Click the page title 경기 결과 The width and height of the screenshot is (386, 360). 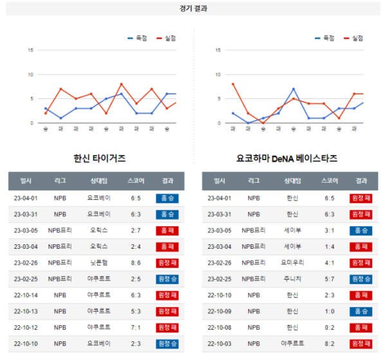193,8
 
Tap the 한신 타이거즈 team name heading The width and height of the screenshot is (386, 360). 100,158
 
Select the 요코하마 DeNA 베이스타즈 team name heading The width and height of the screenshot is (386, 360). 287,158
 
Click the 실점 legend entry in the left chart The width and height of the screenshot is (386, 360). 166,38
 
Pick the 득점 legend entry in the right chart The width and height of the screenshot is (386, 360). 324,38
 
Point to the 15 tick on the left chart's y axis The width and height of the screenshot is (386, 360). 30,50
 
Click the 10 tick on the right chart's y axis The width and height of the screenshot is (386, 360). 218,75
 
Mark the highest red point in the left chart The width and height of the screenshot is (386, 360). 122,84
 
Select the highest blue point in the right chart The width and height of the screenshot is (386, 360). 293,89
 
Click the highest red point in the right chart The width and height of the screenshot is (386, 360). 233,84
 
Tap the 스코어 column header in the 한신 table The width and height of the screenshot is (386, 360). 136,181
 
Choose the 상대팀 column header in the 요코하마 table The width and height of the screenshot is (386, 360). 293,181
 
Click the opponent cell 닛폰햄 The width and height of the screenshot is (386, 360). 98,263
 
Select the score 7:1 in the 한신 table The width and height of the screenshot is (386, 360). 136,327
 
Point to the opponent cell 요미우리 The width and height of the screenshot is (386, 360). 293,263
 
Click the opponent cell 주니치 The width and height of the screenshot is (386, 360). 293,279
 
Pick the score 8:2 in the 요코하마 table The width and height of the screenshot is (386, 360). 329,344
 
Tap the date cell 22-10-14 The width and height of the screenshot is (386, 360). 26,295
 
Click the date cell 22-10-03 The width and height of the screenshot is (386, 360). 219,344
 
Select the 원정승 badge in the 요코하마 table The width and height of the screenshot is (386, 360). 361,279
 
